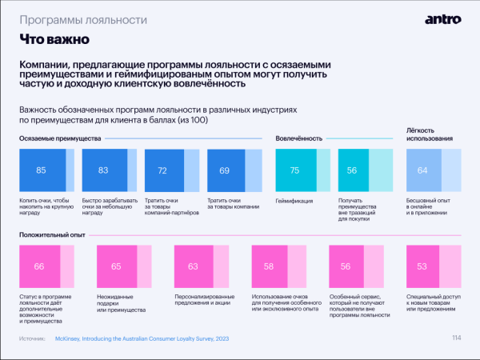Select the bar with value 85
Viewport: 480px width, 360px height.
click(x=42, y=170)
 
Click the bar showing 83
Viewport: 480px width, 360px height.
click(x=103, y=170)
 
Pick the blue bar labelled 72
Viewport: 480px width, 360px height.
click(x=162, y=170)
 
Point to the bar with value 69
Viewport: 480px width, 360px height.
click(x=224, y=170)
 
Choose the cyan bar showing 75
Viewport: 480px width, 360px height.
click(x=294, y=170)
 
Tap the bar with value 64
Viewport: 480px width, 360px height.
click(x=422, y=170)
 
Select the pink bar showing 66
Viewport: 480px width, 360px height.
click(x=38, y=266)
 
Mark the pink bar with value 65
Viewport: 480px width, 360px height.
click(x=116, y=266)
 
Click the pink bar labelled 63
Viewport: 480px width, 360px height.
click(x=193, y=266)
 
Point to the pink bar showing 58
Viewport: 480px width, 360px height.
click(x=269, y=266)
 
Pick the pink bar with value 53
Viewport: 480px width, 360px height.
click(x=422, y=266)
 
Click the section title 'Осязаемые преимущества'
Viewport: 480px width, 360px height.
click(x=60, y=138)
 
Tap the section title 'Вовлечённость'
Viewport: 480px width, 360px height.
click(x=299, y=138)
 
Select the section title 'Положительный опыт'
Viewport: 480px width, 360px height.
click(x=53, y=235)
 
